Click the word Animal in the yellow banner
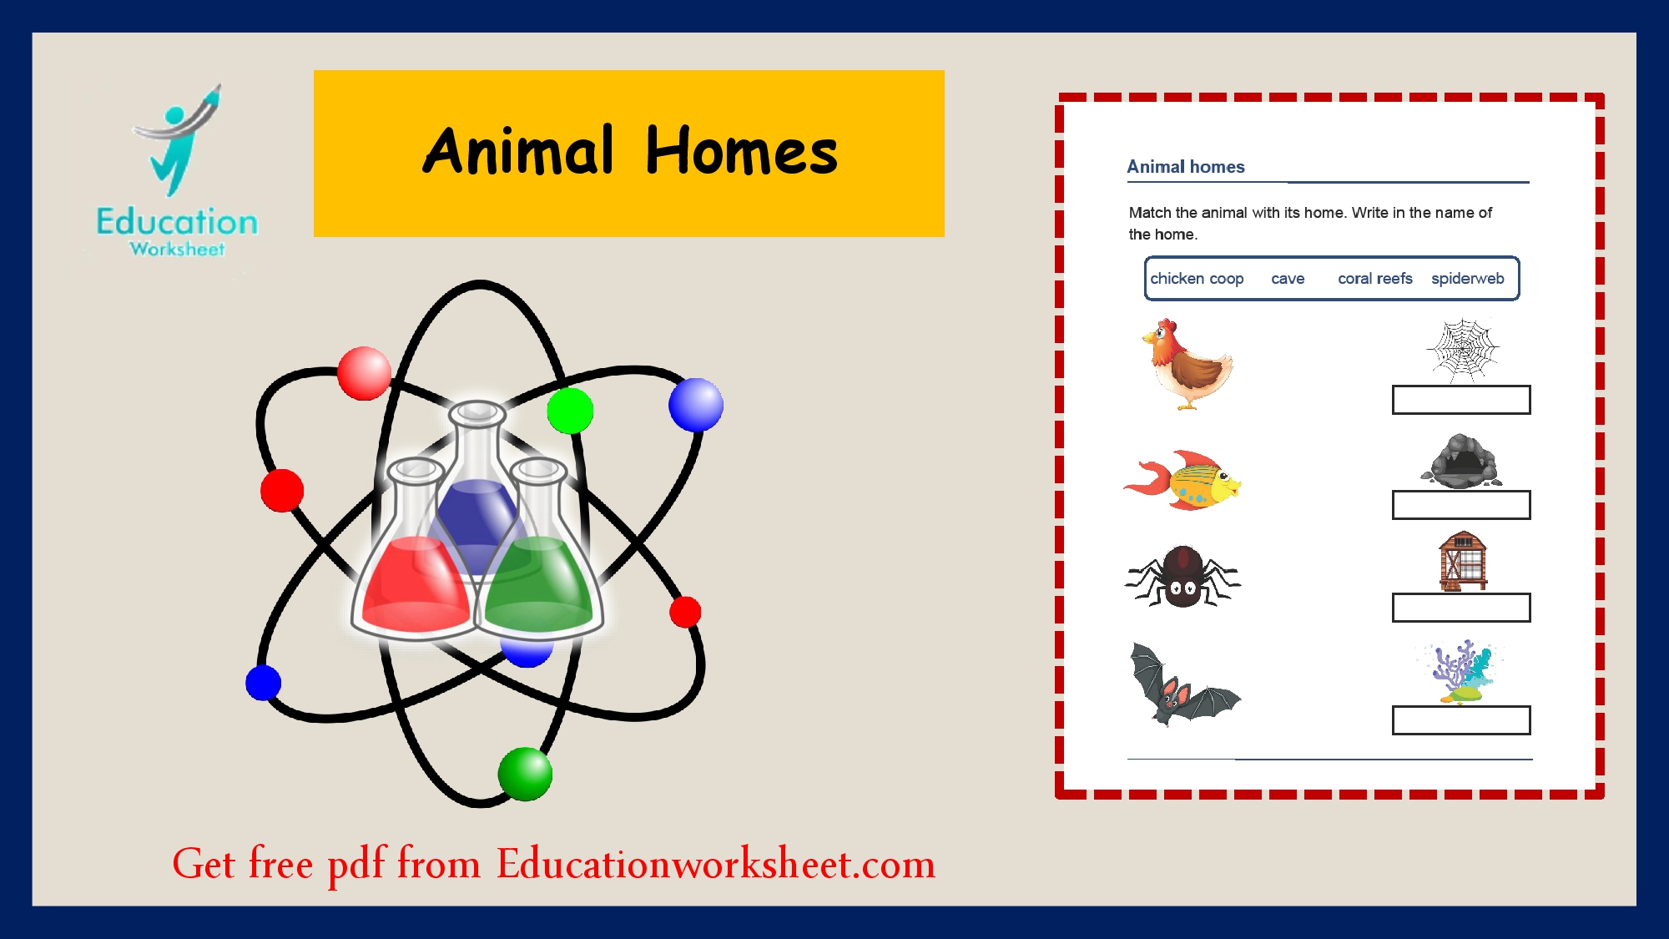pos(518,152)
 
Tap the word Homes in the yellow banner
pos(741,152)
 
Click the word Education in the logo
pos(177,222)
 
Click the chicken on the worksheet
pos(1188,365)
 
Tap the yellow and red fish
pos(1185,482)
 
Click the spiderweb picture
pos(1462,350)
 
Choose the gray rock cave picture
pos(1461,461)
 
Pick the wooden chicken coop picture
pos(1462,561)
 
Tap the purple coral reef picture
pos(1461,671)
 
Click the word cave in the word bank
pos(1288,279)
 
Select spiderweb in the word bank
pos(1467,279)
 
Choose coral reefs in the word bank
pos(1374,279)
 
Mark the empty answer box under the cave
pos(1461,505)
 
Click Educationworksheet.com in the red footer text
pos(715,864)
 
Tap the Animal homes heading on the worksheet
pos(1185,167)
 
